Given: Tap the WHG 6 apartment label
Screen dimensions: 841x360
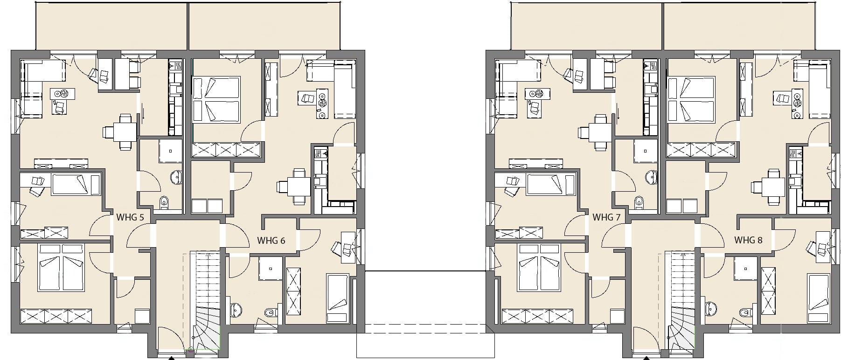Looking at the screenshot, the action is coord(271,241).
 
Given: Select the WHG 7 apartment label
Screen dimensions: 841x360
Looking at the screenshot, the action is coord(606,217).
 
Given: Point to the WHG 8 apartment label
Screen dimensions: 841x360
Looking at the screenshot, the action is coord(748,240).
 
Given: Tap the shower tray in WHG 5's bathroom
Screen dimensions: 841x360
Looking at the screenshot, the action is coord(170,151).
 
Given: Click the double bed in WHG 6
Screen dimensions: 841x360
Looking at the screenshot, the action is coord(216,100).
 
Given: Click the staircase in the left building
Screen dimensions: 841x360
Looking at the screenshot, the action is coord(206,301).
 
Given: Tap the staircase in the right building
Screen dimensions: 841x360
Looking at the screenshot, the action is coord(681,301).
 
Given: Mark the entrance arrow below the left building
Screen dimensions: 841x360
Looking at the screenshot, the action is coord(171,358).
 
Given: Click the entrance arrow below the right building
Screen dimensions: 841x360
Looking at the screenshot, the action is coord(646,358).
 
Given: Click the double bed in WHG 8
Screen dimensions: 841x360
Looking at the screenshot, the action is coord(691,100).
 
